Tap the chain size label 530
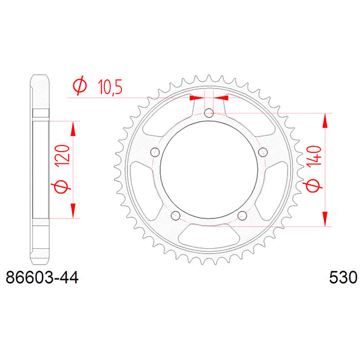(x=343, y=279)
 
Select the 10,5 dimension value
(x=110, y=88)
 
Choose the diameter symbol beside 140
(x=312, y=187)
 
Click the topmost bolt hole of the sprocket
(x=209, y=113)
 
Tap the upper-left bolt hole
(x=155, y=152)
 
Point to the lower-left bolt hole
(x=175, y=216)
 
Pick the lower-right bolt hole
(x=243, y=216)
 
